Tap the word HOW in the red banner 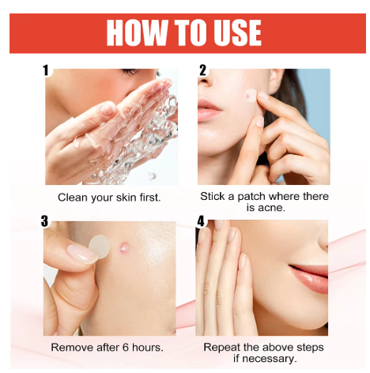(x=137, y=33)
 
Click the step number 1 (x=46, y=70)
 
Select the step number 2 (x=202, y=70)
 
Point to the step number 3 (x=45, y=221)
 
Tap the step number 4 (x=201, y=221)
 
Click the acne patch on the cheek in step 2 (x=251, y=96)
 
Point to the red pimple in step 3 (x=123, y=247)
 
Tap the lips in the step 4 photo (x=309, y=278)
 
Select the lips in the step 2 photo (x=208, y=109)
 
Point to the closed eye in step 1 (x=130, y=71)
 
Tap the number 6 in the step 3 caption (x=126, y=348)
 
